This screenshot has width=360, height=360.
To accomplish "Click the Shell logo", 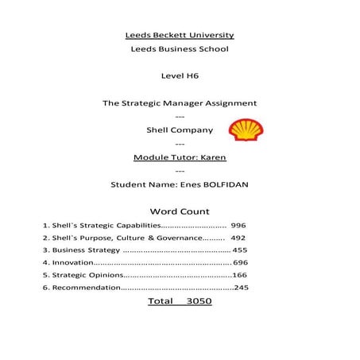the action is click(x=246, y=130).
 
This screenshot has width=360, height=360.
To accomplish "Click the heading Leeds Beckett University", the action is click(x=180, y=35).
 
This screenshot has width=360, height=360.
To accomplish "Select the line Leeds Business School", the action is click(x=180, y=49).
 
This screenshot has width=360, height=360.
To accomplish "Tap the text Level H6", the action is click(x=180, y=76).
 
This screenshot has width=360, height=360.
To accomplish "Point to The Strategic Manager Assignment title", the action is click(x=180, y=103).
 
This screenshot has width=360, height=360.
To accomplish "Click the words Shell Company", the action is click(x=180, y=130).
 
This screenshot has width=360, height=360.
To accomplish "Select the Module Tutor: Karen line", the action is click(x=180, y=157).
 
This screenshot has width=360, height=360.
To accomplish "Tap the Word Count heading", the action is click(x=180, y=211).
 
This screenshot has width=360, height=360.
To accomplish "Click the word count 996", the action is click(x=238, y=226).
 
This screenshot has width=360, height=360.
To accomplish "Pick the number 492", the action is click(x=238, y=238).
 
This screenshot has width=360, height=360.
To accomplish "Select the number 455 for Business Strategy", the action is click(x=239, y=250).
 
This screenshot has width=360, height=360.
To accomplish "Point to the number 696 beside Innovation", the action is click(x=240, y=262).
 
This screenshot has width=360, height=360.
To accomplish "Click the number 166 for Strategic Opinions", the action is click(x=239, y=274).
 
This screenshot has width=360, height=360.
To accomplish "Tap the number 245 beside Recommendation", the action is click(x=241, y=287).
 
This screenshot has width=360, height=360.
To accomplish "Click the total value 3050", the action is click(x=199, y=302).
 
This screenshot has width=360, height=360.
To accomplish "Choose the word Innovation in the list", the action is click(x=72, y=262).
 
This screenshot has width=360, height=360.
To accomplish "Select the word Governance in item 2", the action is click(x=179, y=238).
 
